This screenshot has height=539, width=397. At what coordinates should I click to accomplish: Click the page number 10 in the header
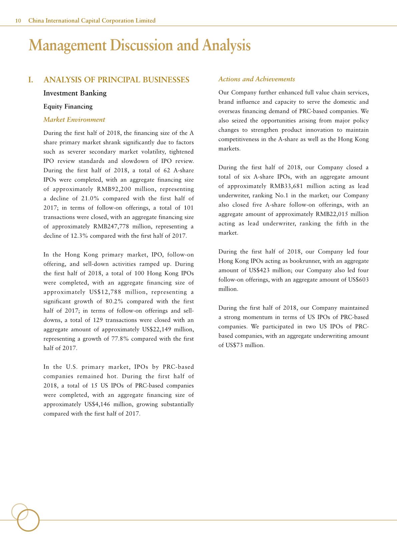[x=18, y=21]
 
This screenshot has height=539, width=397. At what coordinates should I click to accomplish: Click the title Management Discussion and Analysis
[x=139, y=45]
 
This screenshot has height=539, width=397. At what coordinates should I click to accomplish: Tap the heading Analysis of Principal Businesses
[x=116, y=80]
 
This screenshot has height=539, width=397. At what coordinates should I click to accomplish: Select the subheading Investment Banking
[x=75, y=93]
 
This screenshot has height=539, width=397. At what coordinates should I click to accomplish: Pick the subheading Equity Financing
[x=68, y=106]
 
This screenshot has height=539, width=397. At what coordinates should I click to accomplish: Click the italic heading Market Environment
[x=74, y=119]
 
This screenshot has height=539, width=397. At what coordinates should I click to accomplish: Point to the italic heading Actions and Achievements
[x=257, y=79]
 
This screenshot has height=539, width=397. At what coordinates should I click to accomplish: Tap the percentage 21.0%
[x=91, y=199]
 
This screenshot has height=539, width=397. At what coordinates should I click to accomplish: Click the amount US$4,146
[x=96, y=404]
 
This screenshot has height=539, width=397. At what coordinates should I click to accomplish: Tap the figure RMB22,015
[x=330, y=214]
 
